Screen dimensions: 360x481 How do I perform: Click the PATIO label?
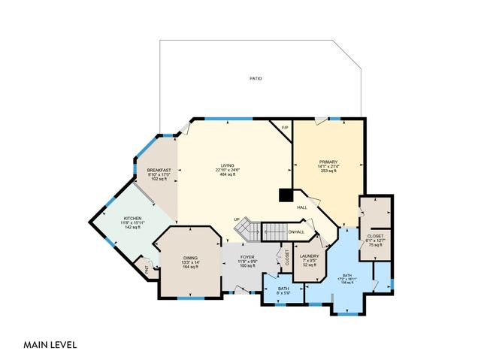[256, 79]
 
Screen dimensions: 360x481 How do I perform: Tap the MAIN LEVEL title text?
[50, 345]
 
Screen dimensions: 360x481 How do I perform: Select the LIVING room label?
[227, 165]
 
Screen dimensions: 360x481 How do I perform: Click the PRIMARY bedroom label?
[328, 162]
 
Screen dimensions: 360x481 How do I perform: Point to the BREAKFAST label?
[159, 171]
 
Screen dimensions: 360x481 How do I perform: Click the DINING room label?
[189, 258]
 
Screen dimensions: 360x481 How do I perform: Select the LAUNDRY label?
[310, 256]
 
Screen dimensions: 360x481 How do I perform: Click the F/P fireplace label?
[285, 128]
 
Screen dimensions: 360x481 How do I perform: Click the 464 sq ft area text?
[227, 174]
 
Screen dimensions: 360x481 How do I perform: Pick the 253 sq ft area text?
[328, 171]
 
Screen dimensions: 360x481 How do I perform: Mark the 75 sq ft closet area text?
[375, 245]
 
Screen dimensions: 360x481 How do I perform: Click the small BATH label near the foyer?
[283, 289]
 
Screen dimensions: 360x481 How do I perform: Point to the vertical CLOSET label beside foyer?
[287, 259]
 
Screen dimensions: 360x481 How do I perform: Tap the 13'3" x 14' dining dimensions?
[189, 262]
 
